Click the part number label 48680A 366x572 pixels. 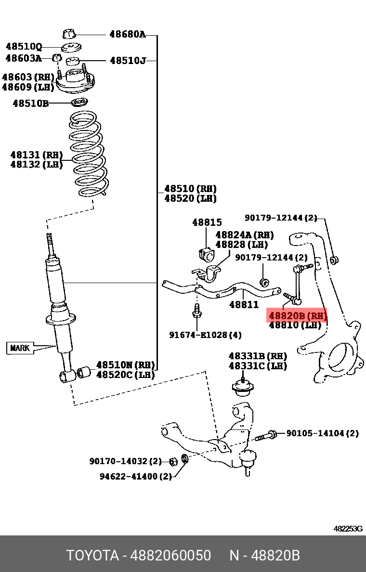pos(127,34)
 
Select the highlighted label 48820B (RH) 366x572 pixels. pos(297,316)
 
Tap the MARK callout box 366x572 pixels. pos(20,348)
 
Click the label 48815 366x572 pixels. pos(207,222)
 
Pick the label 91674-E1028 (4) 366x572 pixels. pos(205,335)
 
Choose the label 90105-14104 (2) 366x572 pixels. pos(322,433)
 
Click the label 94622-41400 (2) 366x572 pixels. pos(136,476)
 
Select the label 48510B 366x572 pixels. pos(30,103)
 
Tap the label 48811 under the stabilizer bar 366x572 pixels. pos(244,304)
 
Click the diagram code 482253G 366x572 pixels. pos(348,529)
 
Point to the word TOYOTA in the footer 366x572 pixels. pos(92,556)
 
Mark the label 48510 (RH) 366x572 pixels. pos(190,189)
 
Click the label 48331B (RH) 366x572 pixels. pos(258,356)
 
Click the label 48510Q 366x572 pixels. pos(24,47)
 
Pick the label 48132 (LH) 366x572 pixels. pos(37,165)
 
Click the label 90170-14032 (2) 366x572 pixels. pos(125,461)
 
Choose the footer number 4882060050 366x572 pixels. pos(170,556)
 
